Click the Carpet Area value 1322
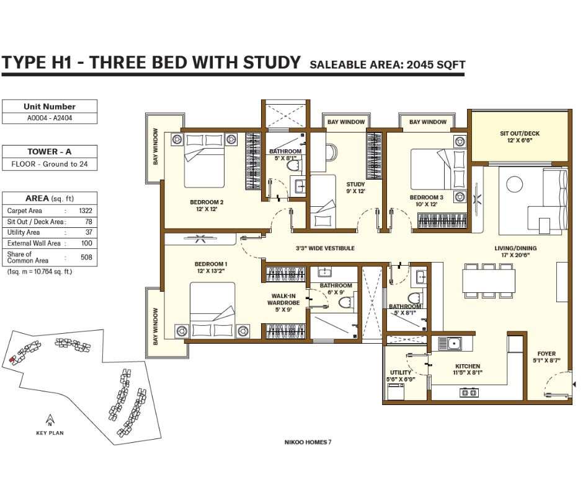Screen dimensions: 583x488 (86, 211)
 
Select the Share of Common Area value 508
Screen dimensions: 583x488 (86, 257)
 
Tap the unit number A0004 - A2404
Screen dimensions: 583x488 (50, 118)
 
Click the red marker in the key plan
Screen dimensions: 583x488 (12, 359)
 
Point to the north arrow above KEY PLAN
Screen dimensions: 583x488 (50, 420)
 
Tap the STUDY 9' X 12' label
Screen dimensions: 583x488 (356, 188)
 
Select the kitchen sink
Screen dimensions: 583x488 (450, 344)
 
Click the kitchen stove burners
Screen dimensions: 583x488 (470, 392)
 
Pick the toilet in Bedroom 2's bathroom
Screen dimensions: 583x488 (296, 165)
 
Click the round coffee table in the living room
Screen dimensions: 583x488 (515, 184)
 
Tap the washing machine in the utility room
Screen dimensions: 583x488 (396, 391)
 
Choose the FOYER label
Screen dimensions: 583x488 (546, 354)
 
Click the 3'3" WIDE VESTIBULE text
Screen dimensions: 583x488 (326, 248)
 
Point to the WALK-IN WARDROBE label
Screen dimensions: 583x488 (283, 299)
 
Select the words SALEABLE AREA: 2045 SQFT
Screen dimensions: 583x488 (388, 64)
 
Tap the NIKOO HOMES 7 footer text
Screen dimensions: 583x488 (308, 442)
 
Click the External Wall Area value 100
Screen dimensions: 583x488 (87, 243)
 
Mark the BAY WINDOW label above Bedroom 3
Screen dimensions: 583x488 (427, 122)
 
